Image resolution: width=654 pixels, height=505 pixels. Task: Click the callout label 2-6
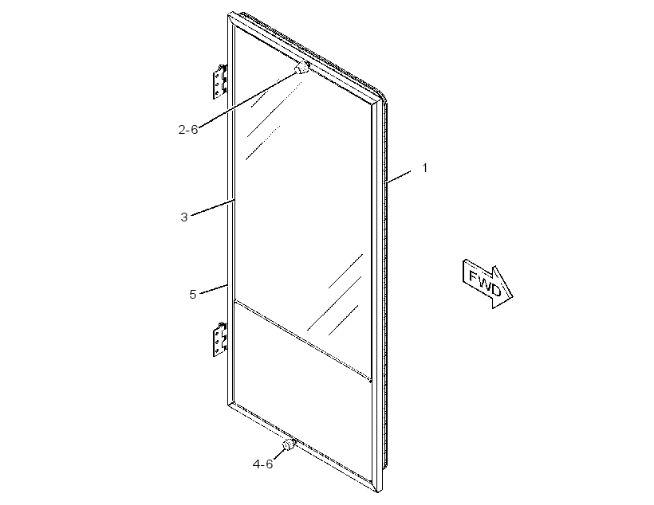[188, 130]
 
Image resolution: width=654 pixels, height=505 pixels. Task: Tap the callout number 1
[424, 168]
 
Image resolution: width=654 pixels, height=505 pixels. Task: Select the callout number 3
[184, 217]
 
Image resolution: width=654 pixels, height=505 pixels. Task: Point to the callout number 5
[192, 294]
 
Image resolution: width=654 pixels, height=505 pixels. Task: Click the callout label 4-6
[262, 464]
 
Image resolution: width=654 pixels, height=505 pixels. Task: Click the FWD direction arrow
[487, 284]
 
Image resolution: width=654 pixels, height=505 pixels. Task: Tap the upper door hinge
[220, 81]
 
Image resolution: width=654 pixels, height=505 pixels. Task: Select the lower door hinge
[220, 339]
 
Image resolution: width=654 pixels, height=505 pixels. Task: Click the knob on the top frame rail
[302, 68]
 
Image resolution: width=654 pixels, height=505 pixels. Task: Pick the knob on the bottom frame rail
[288, 444]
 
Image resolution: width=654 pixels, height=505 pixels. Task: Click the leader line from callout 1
[399, 176]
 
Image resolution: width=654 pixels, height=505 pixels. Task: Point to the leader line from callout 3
[214, 208]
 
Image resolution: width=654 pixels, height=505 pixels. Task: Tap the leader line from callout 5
[214, 289]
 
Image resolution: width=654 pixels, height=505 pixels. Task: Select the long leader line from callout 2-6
[246, 100]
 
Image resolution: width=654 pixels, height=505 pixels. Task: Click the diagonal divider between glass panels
[303, 339]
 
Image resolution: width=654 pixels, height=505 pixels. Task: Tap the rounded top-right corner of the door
[382, 94]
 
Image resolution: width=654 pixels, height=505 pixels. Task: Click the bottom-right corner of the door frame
[379, 490]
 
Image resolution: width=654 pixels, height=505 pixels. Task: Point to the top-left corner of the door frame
[230, 15]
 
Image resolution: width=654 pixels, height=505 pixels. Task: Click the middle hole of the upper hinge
[217, 84]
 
